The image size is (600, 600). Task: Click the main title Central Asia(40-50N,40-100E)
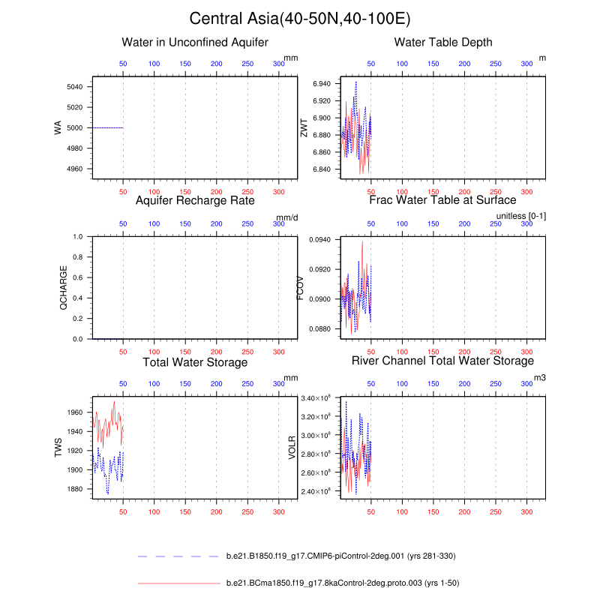pyautogui.click(x=300, y=19)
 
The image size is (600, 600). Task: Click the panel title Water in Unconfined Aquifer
pyautogui.click(x=195, y=42)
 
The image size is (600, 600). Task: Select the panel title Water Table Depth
pyautogui.click(x=443, y=42)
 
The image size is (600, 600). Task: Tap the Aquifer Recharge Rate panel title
pyautogui.click(x=195, y=200)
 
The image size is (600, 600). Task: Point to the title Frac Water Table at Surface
pyautogui.click(x=442, y=200)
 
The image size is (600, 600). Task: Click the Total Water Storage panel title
pyautogui.click(x=195, y=362)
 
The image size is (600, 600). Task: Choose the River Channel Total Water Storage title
pyautogui.click(x=442, y=362)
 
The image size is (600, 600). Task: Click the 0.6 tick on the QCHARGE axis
pyautogui.click(x=78, y=277)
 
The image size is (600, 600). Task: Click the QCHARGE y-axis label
pyautogui.click(x=64, y=288)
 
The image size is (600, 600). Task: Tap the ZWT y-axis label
pyautogui.click(x=304, y=128)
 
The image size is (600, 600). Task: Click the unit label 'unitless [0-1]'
pyautogui.click(x=521, y=216)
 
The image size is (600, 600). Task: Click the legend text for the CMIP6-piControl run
pyautogui.click(x=340, y=556)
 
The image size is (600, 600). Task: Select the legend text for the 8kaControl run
pyautogui.click(x=331, y=582)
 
